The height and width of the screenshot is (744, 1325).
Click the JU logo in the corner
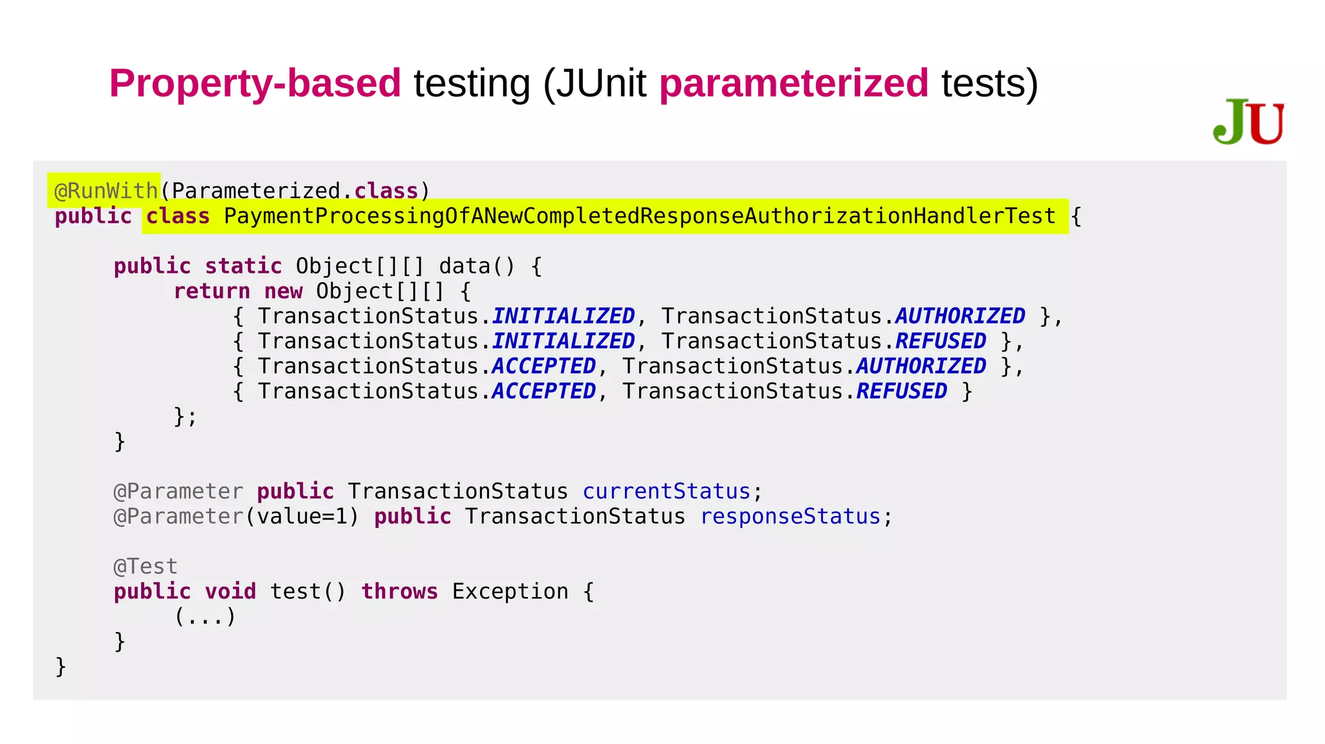[x=1249, y=122]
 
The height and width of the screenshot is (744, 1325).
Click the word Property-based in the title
[x=255, y=83]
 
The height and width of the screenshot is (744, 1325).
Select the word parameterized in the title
[x=794, y=83]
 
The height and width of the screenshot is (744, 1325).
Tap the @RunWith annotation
[x=105, y=191]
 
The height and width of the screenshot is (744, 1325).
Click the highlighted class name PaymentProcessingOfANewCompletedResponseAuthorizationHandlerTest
[x=639, y=216]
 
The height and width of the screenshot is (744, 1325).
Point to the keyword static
[x=243, y=266]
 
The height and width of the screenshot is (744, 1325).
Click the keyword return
[x=212, y=291]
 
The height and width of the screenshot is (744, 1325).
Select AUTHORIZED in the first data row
[x=960, y=316]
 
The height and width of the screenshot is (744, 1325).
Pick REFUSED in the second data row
[x=941, y=341]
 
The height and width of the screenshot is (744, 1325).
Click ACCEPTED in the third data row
[x=543, y=366]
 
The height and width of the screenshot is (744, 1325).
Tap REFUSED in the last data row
[x=902, y=391]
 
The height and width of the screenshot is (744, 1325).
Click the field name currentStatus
[x=666, y=492]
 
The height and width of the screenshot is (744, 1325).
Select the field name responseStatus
[x=790, y=517]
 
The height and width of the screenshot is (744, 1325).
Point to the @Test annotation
[x=145, y=567]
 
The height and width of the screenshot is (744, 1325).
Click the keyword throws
[x=399, y=591]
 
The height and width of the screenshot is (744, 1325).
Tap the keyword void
[x=230, y=591]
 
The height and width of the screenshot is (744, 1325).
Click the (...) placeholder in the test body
[x=204, y=617]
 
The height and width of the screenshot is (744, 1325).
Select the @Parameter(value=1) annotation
[x=236, y=517]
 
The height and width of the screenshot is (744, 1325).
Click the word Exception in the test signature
[x=510, y=591]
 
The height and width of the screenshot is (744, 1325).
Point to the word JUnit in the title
[x=601, y=83]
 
